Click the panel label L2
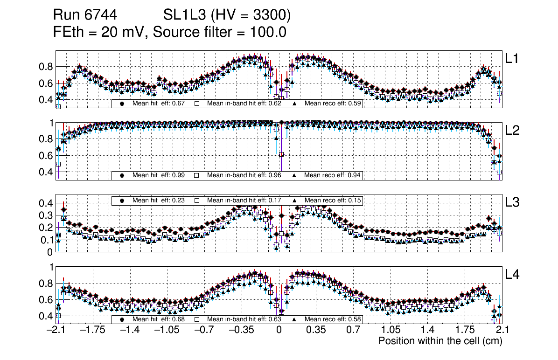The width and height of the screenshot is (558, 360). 513,131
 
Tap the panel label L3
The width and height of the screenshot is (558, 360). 513,202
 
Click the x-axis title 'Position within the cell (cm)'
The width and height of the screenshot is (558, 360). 440,341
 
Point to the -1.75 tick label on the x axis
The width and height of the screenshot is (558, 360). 91,330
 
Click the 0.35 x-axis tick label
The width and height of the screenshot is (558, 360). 315,330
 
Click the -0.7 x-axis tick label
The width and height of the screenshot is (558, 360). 204,330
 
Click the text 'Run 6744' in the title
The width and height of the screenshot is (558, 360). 84,15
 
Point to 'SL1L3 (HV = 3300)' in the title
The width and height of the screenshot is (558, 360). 227,15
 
